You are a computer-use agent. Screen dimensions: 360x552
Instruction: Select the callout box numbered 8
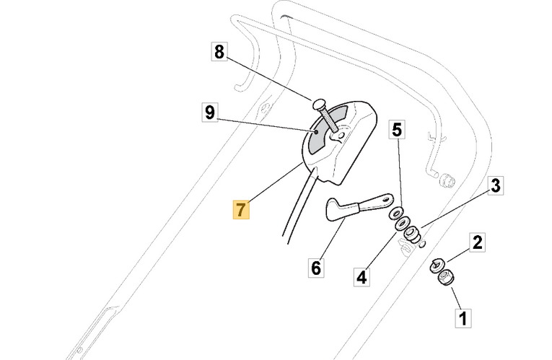click(219, 52)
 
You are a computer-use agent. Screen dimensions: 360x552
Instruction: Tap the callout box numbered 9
click(209, 113)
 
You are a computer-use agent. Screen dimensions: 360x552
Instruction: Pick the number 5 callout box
click(398, 130)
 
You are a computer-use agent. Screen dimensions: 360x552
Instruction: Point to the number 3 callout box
click(495, 185)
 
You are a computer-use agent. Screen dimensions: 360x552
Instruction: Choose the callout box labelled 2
click(477, 242)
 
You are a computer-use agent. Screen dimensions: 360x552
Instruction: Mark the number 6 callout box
click(315, 268)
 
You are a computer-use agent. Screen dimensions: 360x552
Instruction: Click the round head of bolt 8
click(320, 102)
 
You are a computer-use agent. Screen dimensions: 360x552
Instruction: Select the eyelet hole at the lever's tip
click(388, 196)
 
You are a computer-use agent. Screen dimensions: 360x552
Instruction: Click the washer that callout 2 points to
click(437, 265)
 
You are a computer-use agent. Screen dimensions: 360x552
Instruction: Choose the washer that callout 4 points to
click(401, 224)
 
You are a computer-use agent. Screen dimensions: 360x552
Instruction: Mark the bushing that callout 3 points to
click(413, 234)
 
